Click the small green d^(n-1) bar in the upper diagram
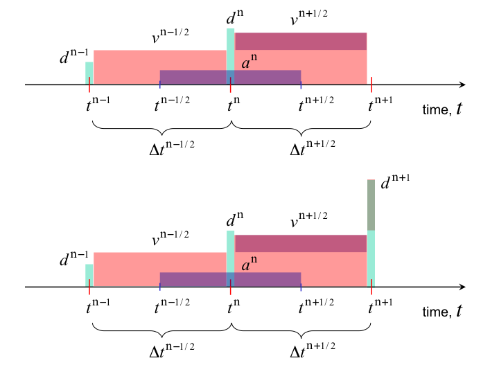pyautogui.click(x=89, y=73)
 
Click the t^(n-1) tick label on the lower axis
pyautogui.click(x=98, y=306)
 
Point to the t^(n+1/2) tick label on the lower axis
pyautogui.click(x=316, y=306)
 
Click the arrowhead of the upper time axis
pyautogui.click(x=460, y=84)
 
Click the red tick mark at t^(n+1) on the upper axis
pyautogui.click(x=371, y=84)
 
